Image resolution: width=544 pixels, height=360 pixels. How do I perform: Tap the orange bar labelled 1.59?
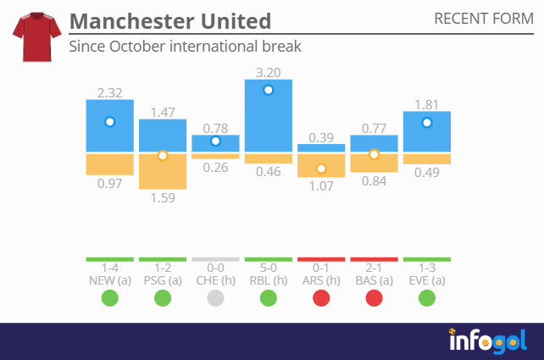tap(163, 171)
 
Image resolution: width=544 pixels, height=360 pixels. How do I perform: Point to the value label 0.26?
tap(215, 168)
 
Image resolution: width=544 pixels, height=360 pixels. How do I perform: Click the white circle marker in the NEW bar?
tap(109, 122)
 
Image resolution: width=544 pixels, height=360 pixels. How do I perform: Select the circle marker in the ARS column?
tap(321, 169)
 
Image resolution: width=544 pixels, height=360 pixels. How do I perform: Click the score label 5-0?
tap(269, 269)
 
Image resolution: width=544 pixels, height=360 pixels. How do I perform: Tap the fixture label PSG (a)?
tap(163, 280)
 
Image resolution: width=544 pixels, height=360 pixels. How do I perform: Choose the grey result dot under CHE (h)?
tap(215, 298)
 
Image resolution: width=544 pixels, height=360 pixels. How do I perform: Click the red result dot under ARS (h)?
tap(321, 298)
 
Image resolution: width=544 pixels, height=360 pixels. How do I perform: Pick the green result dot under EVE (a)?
tap(427, 298)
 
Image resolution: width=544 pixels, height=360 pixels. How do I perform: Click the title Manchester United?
tap(170, 20)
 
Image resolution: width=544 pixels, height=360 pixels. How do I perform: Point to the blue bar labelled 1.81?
tap(427, 132)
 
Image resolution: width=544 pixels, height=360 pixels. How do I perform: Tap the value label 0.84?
tap(374, 180)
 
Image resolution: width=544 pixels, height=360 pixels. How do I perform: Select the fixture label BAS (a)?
tap(374, 280)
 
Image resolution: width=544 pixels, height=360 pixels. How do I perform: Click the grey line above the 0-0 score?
tap(215, 259)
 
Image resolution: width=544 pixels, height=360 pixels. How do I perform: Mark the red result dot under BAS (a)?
tap(374, 298)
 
